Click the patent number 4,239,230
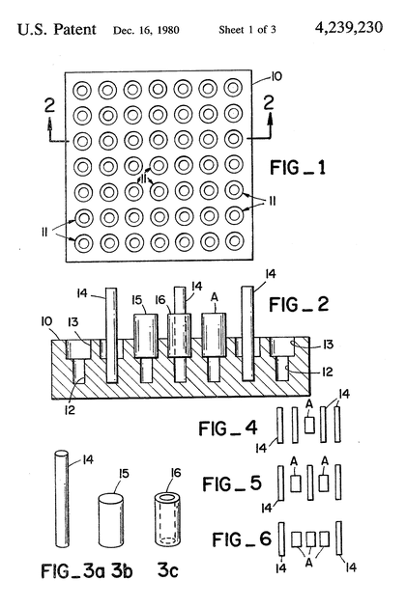[349, 28]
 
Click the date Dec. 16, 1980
[146, 30]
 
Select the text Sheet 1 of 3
[247, 30]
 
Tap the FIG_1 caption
[298, 168]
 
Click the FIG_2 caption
[299, 304]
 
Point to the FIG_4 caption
[228, 428]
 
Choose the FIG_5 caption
[232, 484]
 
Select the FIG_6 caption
[242, 539]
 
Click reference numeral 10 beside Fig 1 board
[275, 76]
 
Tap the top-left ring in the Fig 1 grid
[82, 91]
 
